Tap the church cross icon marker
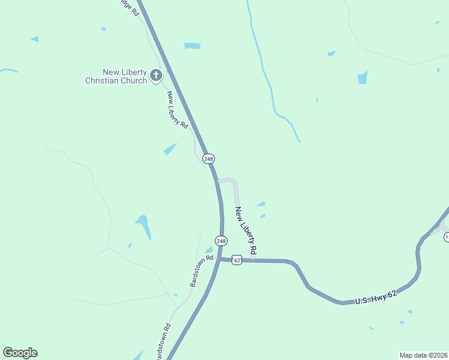[155, 75]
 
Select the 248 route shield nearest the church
[208, 158]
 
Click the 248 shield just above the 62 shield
[221, 241]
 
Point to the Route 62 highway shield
[237, 260]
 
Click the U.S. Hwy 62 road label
[376, 298]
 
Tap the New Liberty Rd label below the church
[178, 110]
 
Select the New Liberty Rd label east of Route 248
[246, 230]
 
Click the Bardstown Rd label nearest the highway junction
[202, 271]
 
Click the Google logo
[20, 353]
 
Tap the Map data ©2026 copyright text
[423, 355]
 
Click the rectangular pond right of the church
[192, 46]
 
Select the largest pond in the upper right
[362, 77]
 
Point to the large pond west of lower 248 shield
[143, 226]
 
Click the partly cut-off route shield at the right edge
[446, 238]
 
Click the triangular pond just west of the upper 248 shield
[170, 149]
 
